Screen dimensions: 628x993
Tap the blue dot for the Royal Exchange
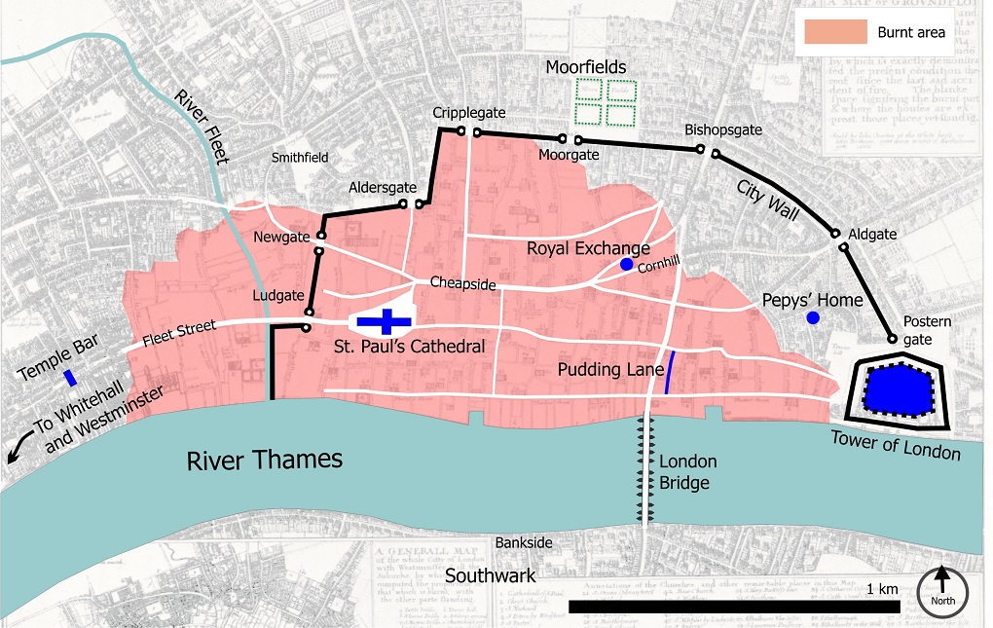pyautogui.click(x=626, y=265)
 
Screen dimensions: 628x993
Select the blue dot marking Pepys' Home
pyautogui.click(x=812, y=318)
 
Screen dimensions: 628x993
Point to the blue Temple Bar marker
pyautogui.click(x=69, y=377)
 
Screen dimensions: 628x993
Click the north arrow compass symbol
pyautogui.click(x=943, y=590)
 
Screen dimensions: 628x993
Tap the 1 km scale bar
pyautogui.click(x=733, y=607)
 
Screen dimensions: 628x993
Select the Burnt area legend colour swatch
pyautogui.click(x=834, y=32)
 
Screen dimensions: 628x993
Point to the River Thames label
pyautogui.click(x=265, y=459)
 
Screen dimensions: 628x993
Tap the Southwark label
pyautogui.click(x=491, y=575)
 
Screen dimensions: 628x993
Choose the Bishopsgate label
pyautogui.click(x=723, y=129)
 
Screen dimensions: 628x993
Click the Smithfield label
pyautogui.click(x=300, y=157)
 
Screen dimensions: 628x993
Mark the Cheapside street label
pyautogui.click(x=464, y=284)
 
